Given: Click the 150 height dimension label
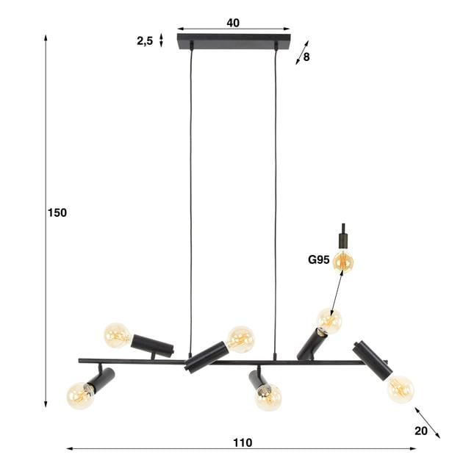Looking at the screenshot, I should pos(57,213).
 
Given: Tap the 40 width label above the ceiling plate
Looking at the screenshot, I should pos(233,23).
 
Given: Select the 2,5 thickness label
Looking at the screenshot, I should pos(145,41).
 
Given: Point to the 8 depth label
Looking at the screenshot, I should pos(306,56).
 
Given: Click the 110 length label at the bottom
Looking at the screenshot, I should pos(243,442).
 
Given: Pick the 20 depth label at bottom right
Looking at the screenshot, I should pos(420,431).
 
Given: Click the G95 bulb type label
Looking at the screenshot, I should pos(318,259).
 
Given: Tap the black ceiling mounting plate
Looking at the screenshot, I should pos(234,41).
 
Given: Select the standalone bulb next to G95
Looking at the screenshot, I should pos(342,261).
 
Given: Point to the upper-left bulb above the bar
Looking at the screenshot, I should pos(117,335).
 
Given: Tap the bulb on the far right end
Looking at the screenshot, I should pos(401,389).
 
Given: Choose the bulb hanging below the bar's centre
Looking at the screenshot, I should pos(268,397).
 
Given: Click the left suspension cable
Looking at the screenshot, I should pos(190,198).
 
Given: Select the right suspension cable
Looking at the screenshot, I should pos(276,198).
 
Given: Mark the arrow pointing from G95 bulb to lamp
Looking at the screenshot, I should pos(337,294).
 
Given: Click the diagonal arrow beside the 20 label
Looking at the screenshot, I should pos(427,423).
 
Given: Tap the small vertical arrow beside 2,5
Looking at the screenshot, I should pos(162,40).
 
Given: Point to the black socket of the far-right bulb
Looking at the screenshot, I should pos(371,360).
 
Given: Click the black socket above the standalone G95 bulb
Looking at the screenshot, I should pos(342,240).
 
